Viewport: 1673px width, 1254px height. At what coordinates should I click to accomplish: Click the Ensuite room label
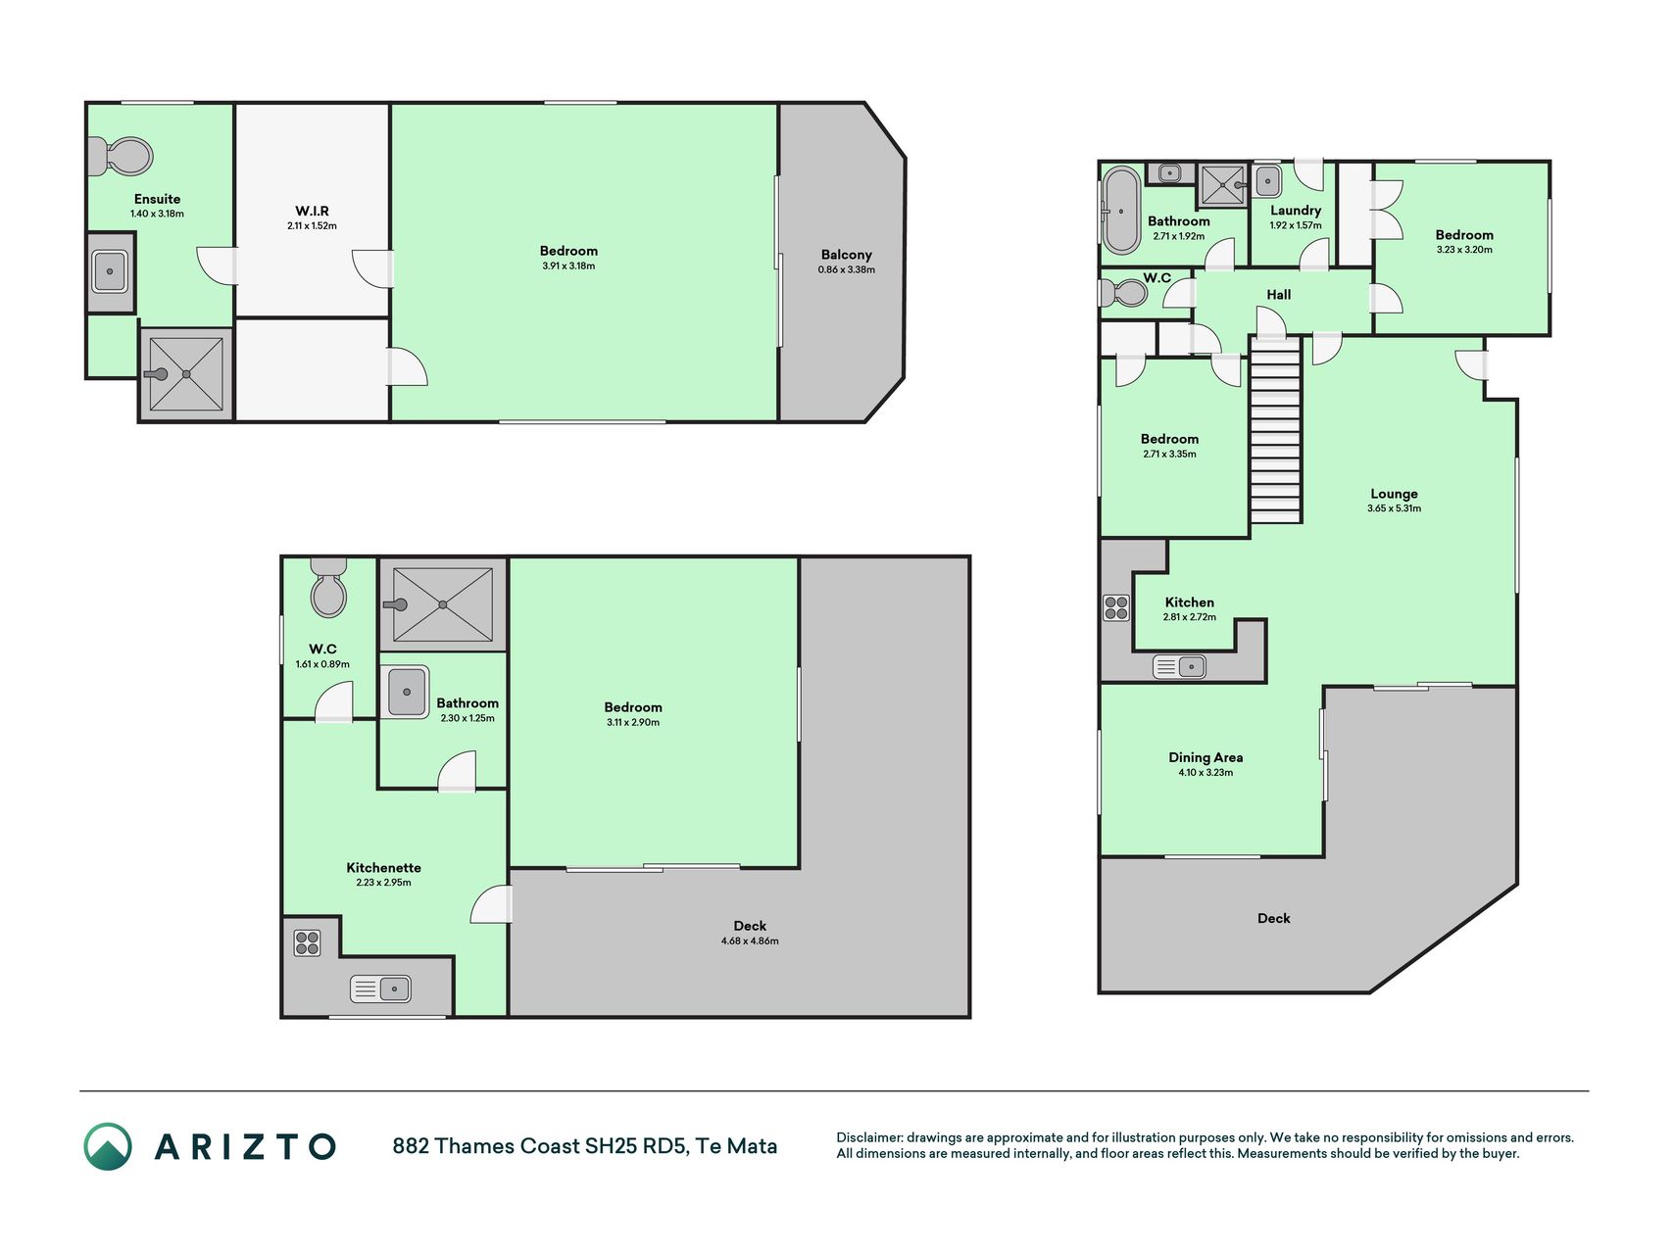[157, 199]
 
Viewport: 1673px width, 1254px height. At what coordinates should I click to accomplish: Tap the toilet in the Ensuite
[121, 157]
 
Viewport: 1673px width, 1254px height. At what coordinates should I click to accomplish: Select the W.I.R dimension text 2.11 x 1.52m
[312, 226]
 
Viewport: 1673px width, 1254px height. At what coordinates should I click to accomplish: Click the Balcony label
[846, 255]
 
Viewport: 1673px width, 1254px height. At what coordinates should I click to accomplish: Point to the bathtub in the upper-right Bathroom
[1121, 210]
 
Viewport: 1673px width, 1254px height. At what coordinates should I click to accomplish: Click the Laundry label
[1296, 211]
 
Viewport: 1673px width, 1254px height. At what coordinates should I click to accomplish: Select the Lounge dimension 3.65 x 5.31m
[1394, 508]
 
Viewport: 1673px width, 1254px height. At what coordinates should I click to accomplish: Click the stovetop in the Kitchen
[1116, 607]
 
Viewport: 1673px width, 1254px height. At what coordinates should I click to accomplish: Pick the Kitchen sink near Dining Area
[1179, 667]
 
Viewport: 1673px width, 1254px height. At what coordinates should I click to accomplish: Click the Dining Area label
[1206, 757]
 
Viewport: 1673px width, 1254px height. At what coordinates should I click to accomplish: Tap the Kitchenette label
[383, 868]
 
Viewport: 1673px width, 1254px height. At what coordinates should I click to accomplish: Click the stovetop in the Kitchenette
[307, 942]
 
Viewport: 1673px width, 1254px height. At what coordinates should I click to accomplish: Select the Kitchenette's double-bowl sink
[380, 989]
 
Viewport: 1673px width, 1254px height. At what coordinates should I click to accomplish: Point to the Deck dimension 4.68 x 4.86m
[750, 941]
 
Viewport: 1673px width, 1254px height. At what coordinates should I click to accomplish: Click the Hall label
[1278, 295]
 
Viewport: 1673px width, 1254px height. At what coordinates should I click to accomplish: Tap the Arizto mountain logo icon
[107, 1146]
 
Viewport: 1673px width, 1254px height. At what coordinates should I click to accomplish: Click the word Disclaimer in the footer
[868, 1137]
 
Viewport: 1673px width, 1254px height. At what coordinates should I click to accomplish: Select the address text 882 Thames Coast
[486, 1146]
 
